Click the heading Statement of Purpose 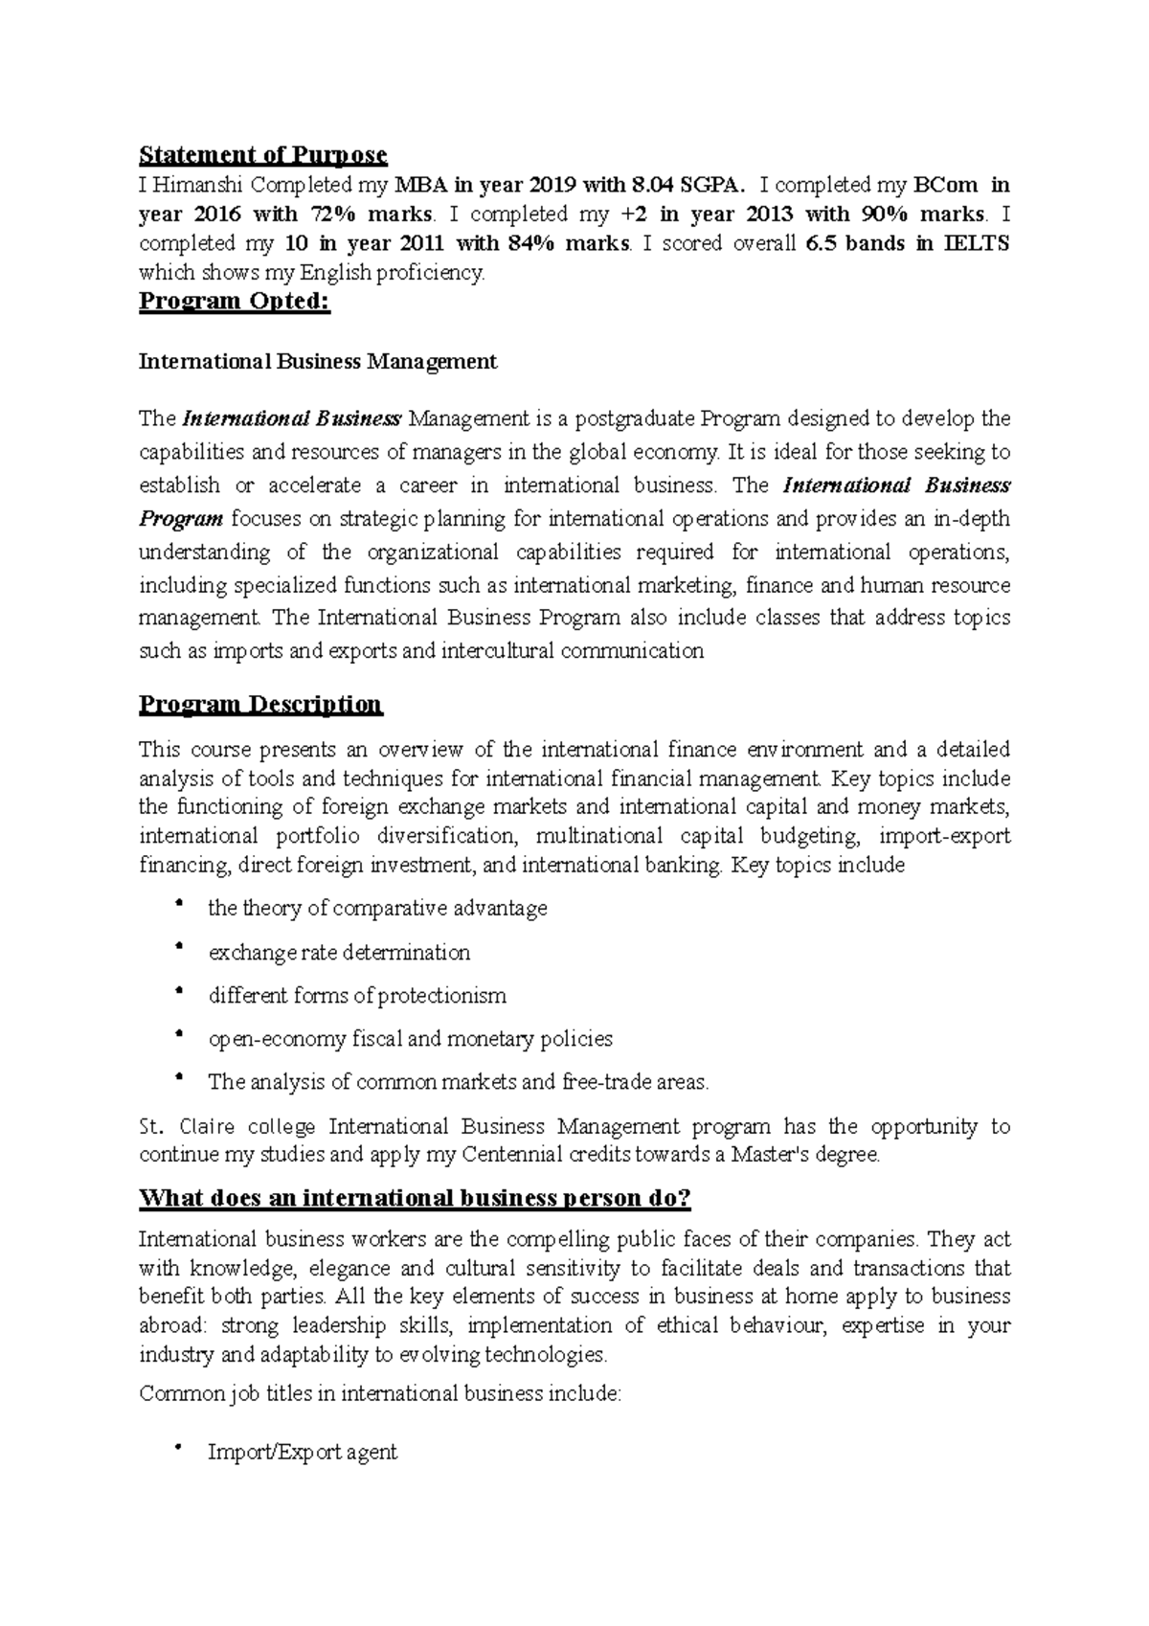(x=262, y=155)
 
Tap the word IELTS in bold (x=977, y=243)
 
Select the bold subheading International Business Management (x=318, y=361)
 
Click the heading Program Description (x=260, y=705)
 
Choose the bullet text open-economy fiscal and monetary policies (x=410, y=1039)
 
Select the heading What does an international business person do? (x=415, y=1198)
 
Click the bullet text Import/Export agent (x=302, y=1452)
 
